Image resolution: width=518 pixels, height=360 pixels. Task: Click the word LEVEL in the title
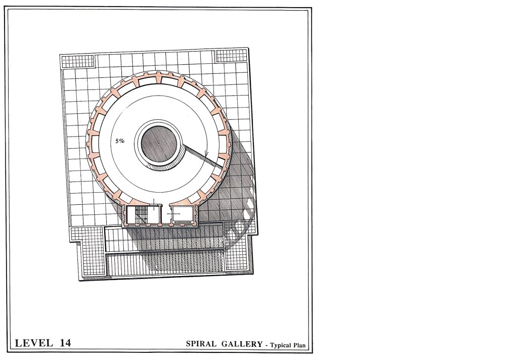(34, 343)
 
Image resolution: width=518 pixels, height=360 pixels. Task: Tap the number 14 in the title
(65, 343)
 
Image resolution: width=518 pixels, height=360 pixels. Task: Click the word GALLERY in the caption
(242, 344)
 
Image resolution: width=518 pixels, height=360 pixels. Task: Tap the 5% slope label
(120, 141)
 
